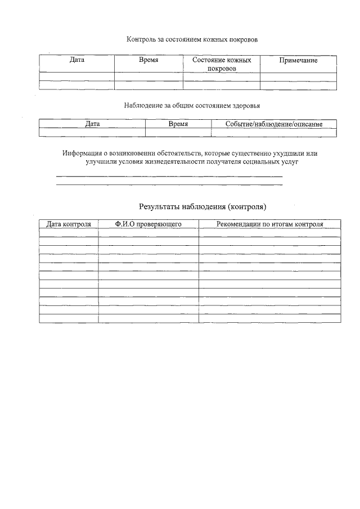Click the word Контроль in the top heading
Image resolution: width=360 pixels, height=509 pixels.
[x=141, y=40]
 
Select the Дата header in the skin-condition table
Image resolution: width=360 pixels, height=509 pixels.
[x=77, y=60]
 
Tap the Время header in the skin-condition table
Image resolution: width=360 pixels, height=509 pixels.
[x=148, y=60]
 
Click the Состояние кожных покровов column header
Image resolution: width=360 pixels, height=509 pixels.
[x=221, y=64]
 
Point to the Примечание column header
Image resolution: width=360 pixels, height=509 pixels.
[x=298, y=60]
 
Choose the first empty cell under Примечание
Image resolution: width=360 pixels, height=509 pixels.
[x=298, y=77]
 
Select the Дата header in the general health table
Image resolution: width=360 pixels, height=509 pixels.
[x=92, y=124]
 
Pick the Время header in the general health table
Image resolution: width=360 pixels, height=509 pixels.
[x=178, y=124]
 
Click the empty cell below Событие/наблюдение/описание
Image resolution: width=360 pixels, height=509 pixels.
[x=273, y=133]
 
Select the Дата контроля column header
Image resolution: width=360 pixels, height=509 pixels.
[x=69, y=224]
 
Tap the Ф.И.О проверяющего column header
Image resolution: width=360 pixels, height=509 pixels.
[x=148, y=224]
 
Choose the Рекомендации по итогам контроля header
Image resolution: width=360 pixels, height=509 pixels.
[x=269, y=224]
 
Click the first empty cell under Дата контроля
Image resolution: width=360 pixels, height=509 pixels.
[x=69, y=232]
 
